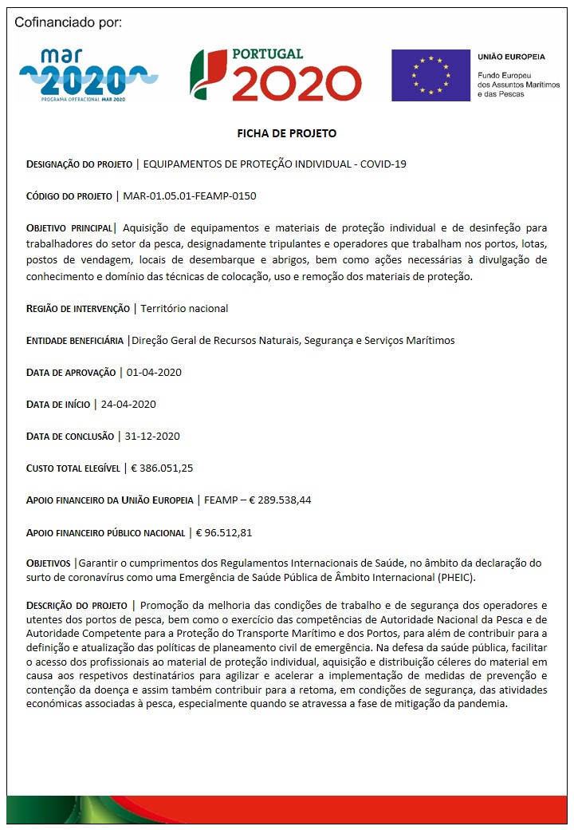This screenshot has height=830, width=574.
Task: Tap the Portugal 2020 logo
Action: point(274,74)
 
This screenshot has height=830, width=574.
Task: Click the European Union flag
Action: point(430,75)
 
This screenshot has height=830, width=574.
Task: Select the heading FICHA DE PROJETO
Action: point(287,133)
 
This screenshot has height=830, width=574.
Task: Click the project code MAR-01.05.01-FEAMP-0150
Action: point(190,196)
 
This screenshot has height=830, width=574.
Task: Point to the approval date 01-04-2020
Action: point(155,372)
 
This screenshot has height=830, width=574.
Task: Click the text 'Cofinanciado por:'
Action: point(69,22)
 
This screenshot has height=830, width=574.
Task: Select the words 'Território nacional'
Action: point(184,308)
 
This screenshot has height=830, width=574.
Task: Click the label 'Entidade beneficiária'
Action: point(75,341)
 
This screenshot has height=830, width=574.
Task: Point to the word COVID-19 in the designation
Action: point(383,164)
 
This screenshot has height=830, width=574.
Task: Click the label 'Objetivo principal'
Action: point(69,228)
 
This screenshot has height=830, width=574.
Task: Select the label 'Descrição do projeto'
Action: point(77,606)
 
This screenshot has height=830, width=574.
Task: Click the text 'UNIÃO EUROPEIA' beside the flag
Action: point(511,57)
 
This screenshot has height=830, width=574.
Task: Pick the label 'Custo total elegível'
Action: point(73,468)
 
